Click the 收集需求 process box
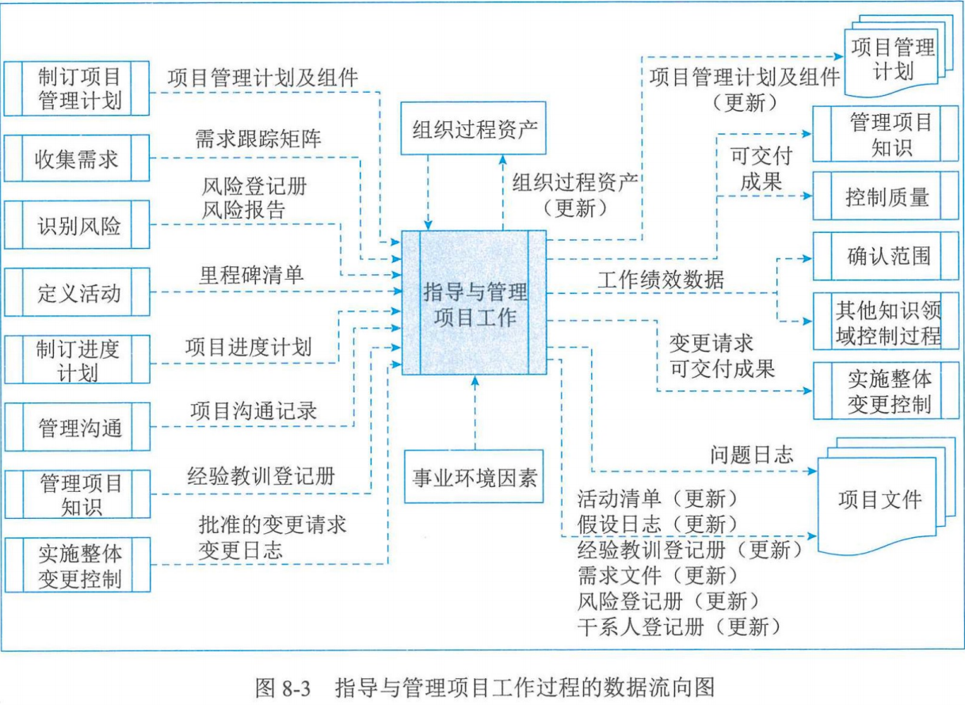(x=77, y=158)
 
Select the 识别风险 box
(x=77, y=225)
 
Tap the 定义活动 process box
(x=77, y=292)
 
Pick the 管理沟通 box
(x=78, y=427)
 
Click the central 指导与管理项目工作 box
(x=475, y=303)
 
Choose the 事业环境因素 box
(x=474, y=477)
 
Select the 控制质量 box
(x=886, y=196)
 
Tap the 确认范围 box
(x=886, y=256)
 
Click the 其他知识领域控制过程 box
(x=886, y=322)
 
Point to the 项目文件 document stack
(x=882, y=500)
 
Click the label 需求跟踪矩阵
(x=258, y=139)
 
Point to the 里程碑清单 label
(x=251, y=275)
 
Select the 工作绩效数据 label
(x=661, y=280)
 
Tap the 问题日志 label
(x=751, y=455)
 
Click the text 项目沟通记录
(x=254, y=410)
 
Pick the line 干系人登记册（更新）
(x=679, y=627)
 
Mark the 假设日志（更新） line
(x=658, y=524)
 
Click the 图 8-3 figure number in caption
(x=283, y=688)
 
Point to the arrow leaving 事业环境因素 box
(x=475, y=413)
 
